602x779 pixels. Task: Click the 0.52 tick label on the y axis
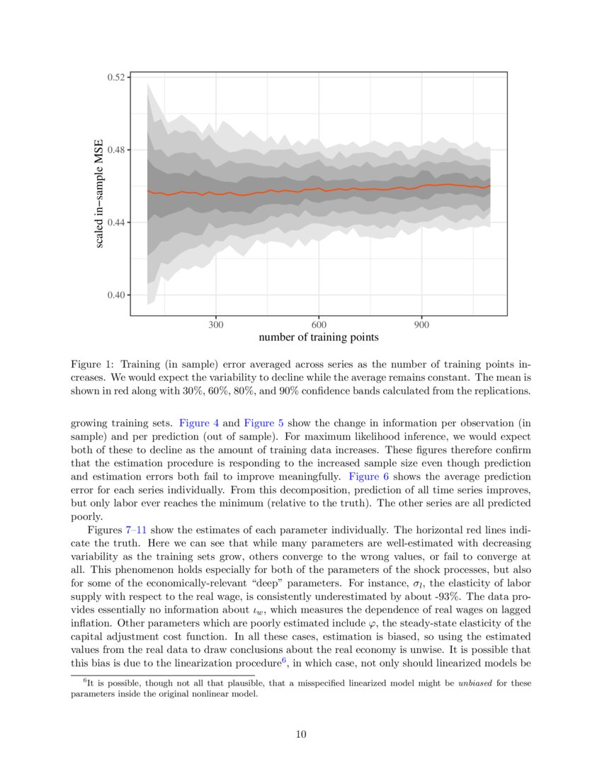pos(117,77)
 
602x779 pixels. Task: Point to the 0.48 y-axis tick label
pos(117,150)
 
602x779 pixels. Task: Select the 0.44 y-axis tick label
pos(117,222)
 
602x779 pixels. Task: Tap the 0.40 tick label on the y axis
pos(117,295)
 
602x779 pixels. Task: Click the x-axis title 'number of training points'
pos(318,337)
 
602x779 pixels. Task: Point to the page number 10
pos(301,734)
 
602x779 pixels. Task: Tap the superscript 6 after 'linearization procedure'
pos(284,660)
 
